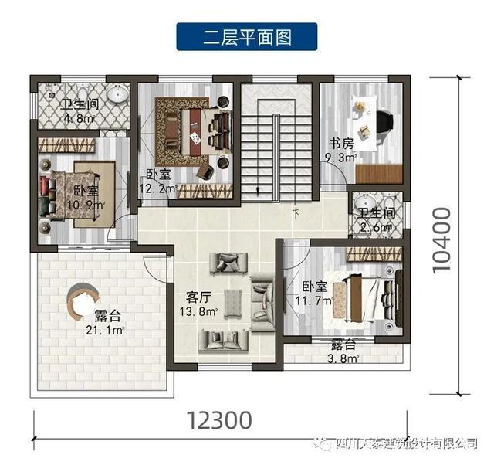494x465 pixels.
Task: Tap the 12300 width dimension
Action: click(x=219, y=420)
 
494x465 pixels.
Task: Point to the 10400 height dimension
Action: click(x=442, y=240)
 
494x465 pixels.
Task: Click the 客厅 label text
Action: click(x=200, y=296)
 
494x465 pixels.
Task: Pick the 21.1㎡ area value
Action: click(x=107, y=331)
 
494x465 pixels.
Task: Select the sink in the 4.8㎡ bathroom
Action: click(x=118, y=96)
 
